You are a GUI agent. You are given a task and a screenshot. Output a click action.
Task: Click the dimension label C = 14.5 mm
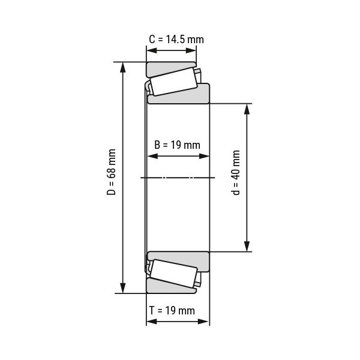176,39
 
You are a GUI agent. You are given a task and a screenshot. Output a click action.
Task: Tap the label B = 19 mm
177,145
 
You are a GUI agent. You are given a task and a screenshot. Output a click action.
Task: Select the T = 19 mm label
172,310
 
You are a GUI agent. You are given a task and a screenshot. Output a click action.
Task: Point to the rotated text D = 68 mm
112,172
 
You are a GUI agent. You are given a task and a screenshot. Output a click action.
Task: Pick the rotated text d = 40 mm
236,173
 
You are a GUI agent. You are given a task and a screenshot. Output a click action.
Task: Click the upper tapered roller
173,82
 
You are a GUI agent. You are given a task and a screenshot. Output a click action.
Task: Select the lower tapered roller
173,273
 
